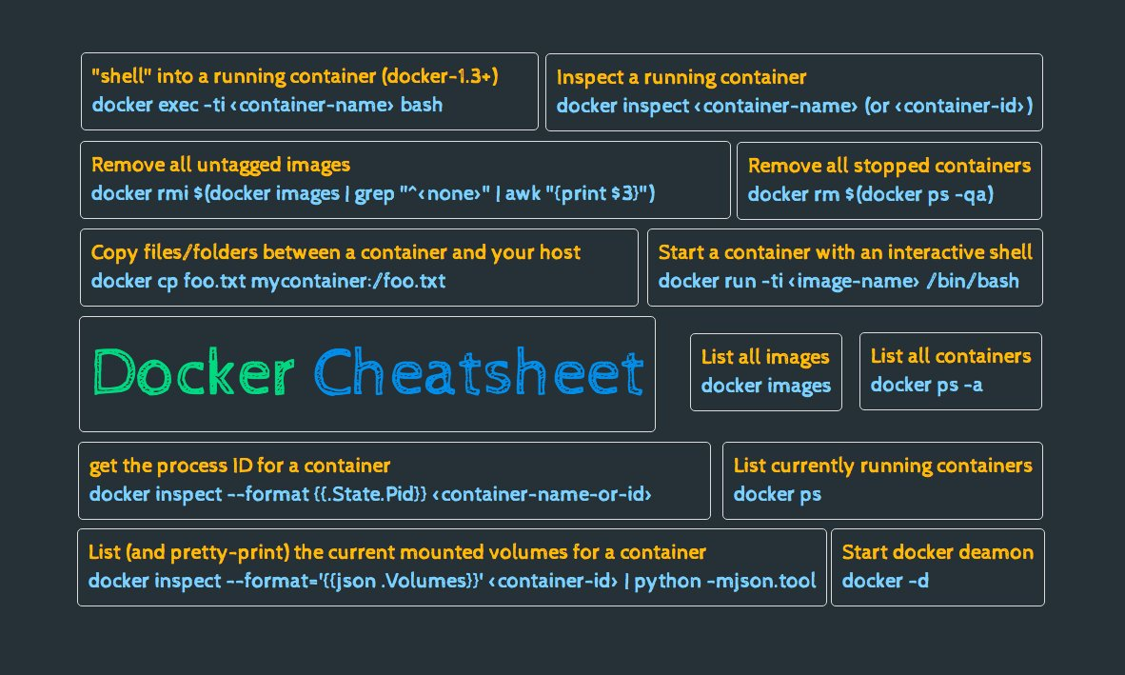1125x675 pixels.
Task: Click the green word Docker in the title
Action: pyautogui.click(x=194, y=373)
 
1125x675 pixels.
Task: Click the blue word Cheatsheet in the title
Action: pyautogui.click(x=479, y=373)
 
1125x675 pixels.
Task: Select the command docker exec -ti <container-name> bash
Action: pyautogui.click(x=267, y=105)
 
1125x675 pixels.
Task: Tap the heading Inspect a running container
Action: pyautogui.click(x=681, y=77)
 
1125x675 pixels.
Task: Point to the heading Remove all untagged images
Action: pyautogui.click(x=221, y=165)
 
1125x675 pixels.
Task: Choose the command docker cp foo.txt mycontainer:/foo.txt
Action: pyautogui.click(x=268, y=281)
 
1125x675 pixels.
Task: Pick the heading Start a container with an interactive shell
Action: pyautogui.click(x=845, y=252)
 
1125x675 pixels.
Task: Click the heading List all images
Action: pyautogui.click(x=765, y=357)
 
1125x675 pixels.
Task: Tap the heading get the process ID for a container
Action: pyautogui.click(x=240, y=466)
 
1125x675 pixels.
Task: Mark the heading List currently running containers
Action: pyautogui.click(x=882, y=466)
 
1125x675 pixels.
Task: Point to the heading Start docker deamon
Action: pyautogui.click(x=937, y=552)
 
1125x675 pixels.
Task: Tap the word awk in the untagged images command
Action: pyautogui.click(x=523, y=194)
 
